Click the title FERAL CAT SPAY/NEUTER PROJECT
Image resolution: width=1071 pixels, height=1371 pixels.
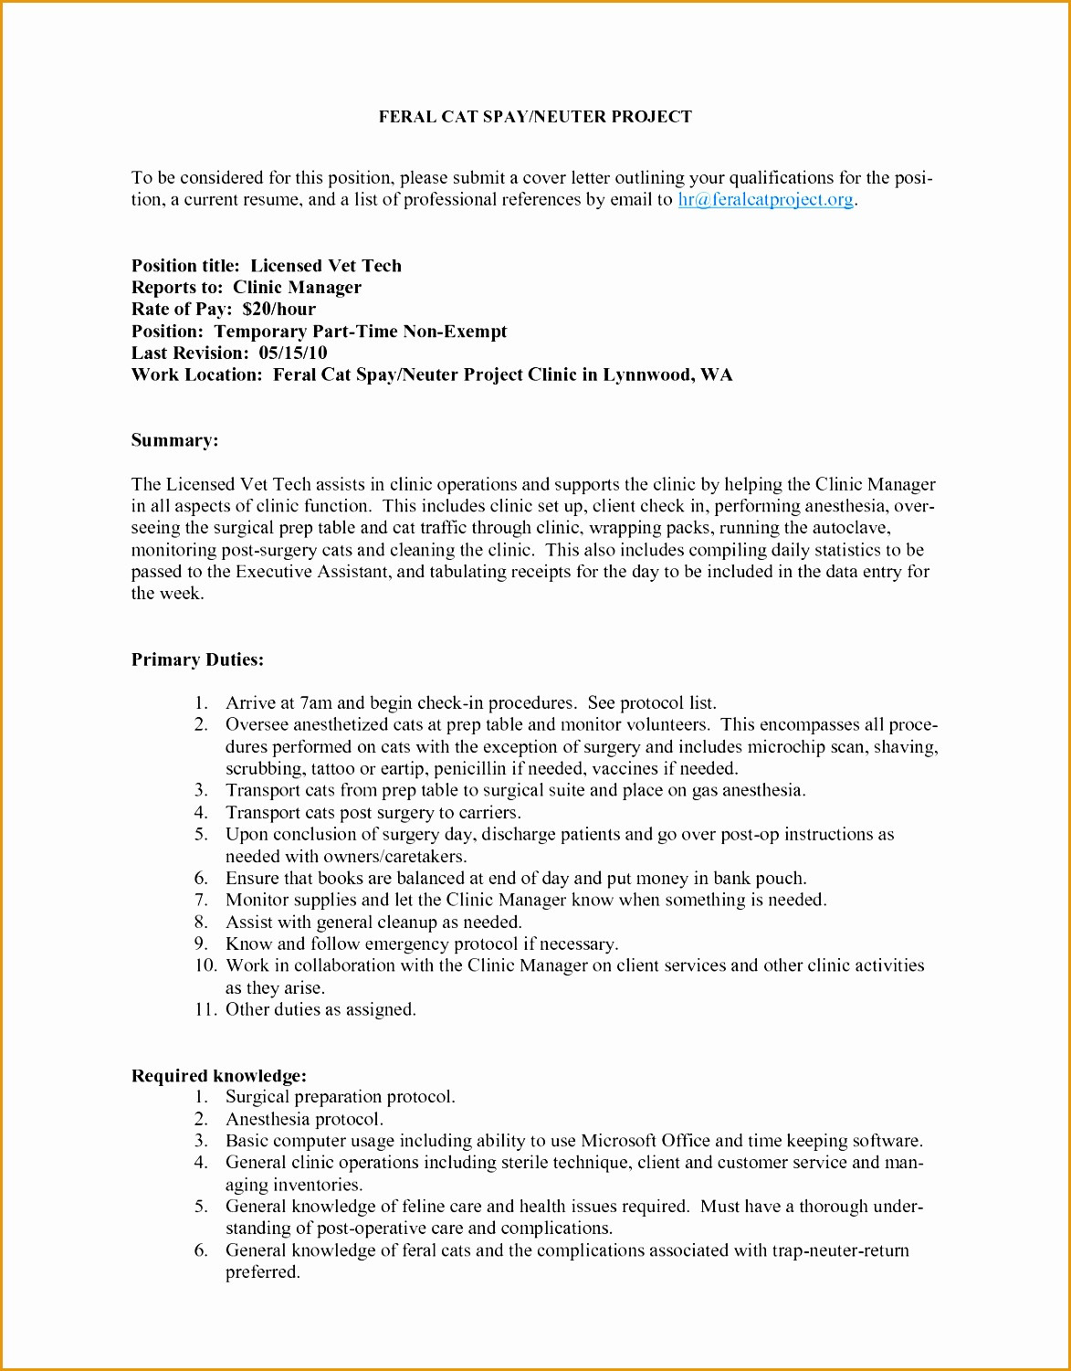[535, 117]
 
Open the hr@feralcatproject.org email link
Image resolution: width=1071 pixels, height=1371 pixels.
[765, 199]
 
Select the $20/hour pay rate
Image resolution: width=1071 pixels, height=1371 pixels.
[279, 309]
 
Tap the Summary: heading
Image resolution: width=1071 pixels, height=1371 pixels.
[175, 440]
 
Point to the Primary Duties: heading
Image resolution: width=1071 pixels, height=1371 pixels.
[197, 659]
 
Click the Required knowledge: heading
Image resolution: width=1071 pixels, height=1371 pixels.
[219, 1075]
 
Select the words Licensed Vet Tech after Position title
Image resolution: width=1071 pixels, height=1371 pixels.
[326, 266]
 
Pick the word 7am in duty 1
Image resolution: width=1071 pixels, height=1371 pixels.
[316, 703]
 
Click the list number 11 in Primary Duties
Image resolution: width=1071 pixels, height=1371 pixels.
[205, 1009]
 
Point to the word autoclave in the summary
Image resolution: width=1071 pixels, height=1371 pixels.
[853, 528]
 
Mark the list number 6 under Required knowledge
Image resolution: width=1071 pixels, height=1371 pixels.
[201, 1250]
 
